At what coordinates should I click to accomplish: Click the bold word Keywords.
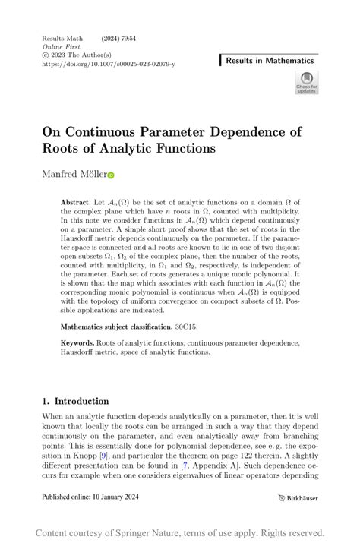pyautogui.click(x=81, y=343)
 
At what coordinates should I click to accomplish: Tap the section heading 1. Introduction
pyautogui.click(x=76, y=401)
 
